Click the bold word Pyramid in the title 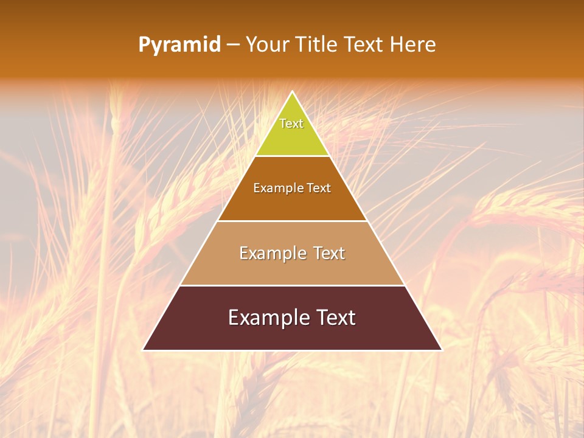pos(179,45)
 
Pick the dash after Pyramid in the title pos(232,45)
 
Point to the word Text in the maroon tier pos(334,318)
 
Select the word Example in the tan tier pos(273,253)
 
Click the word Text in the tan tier pos(329,253)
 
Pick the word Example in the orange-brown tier pos(277,188)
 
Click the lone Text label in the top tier pos(291,123)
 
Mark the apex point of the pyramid pos(292,92)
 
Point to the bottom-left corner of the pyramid pos(144,350)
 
